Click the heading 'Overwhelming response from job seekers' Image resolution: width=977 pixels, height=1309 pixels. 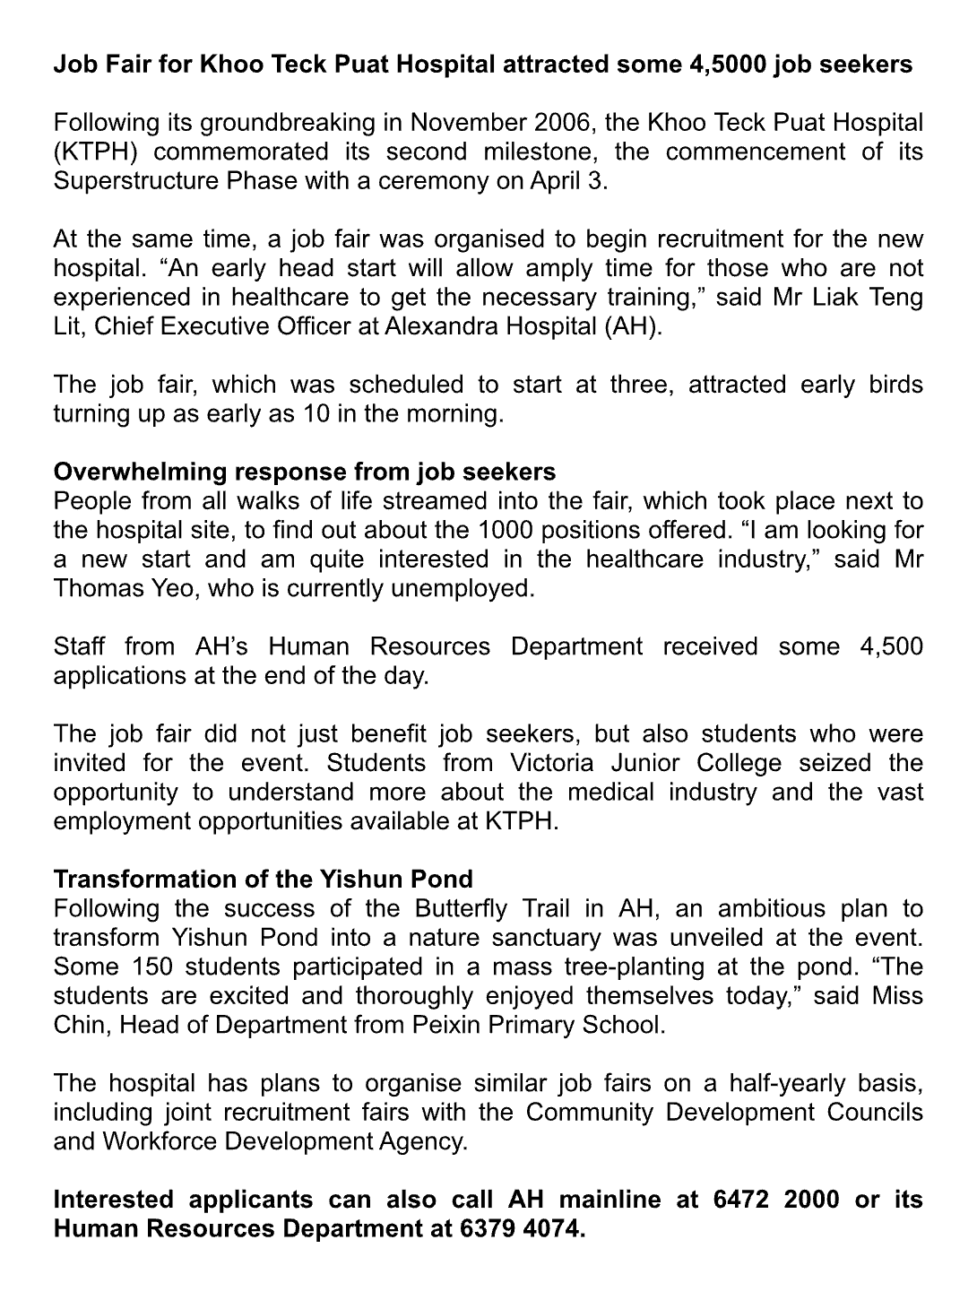coord(305,472)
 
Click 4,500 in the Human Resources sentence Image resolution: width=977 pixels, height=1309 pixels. coord(891,646)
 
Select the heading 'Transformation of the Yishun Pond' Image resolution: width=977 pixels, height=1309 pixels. coord(264,880)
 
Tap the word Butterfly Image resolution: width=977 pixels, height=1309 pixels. coord(461,908)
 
